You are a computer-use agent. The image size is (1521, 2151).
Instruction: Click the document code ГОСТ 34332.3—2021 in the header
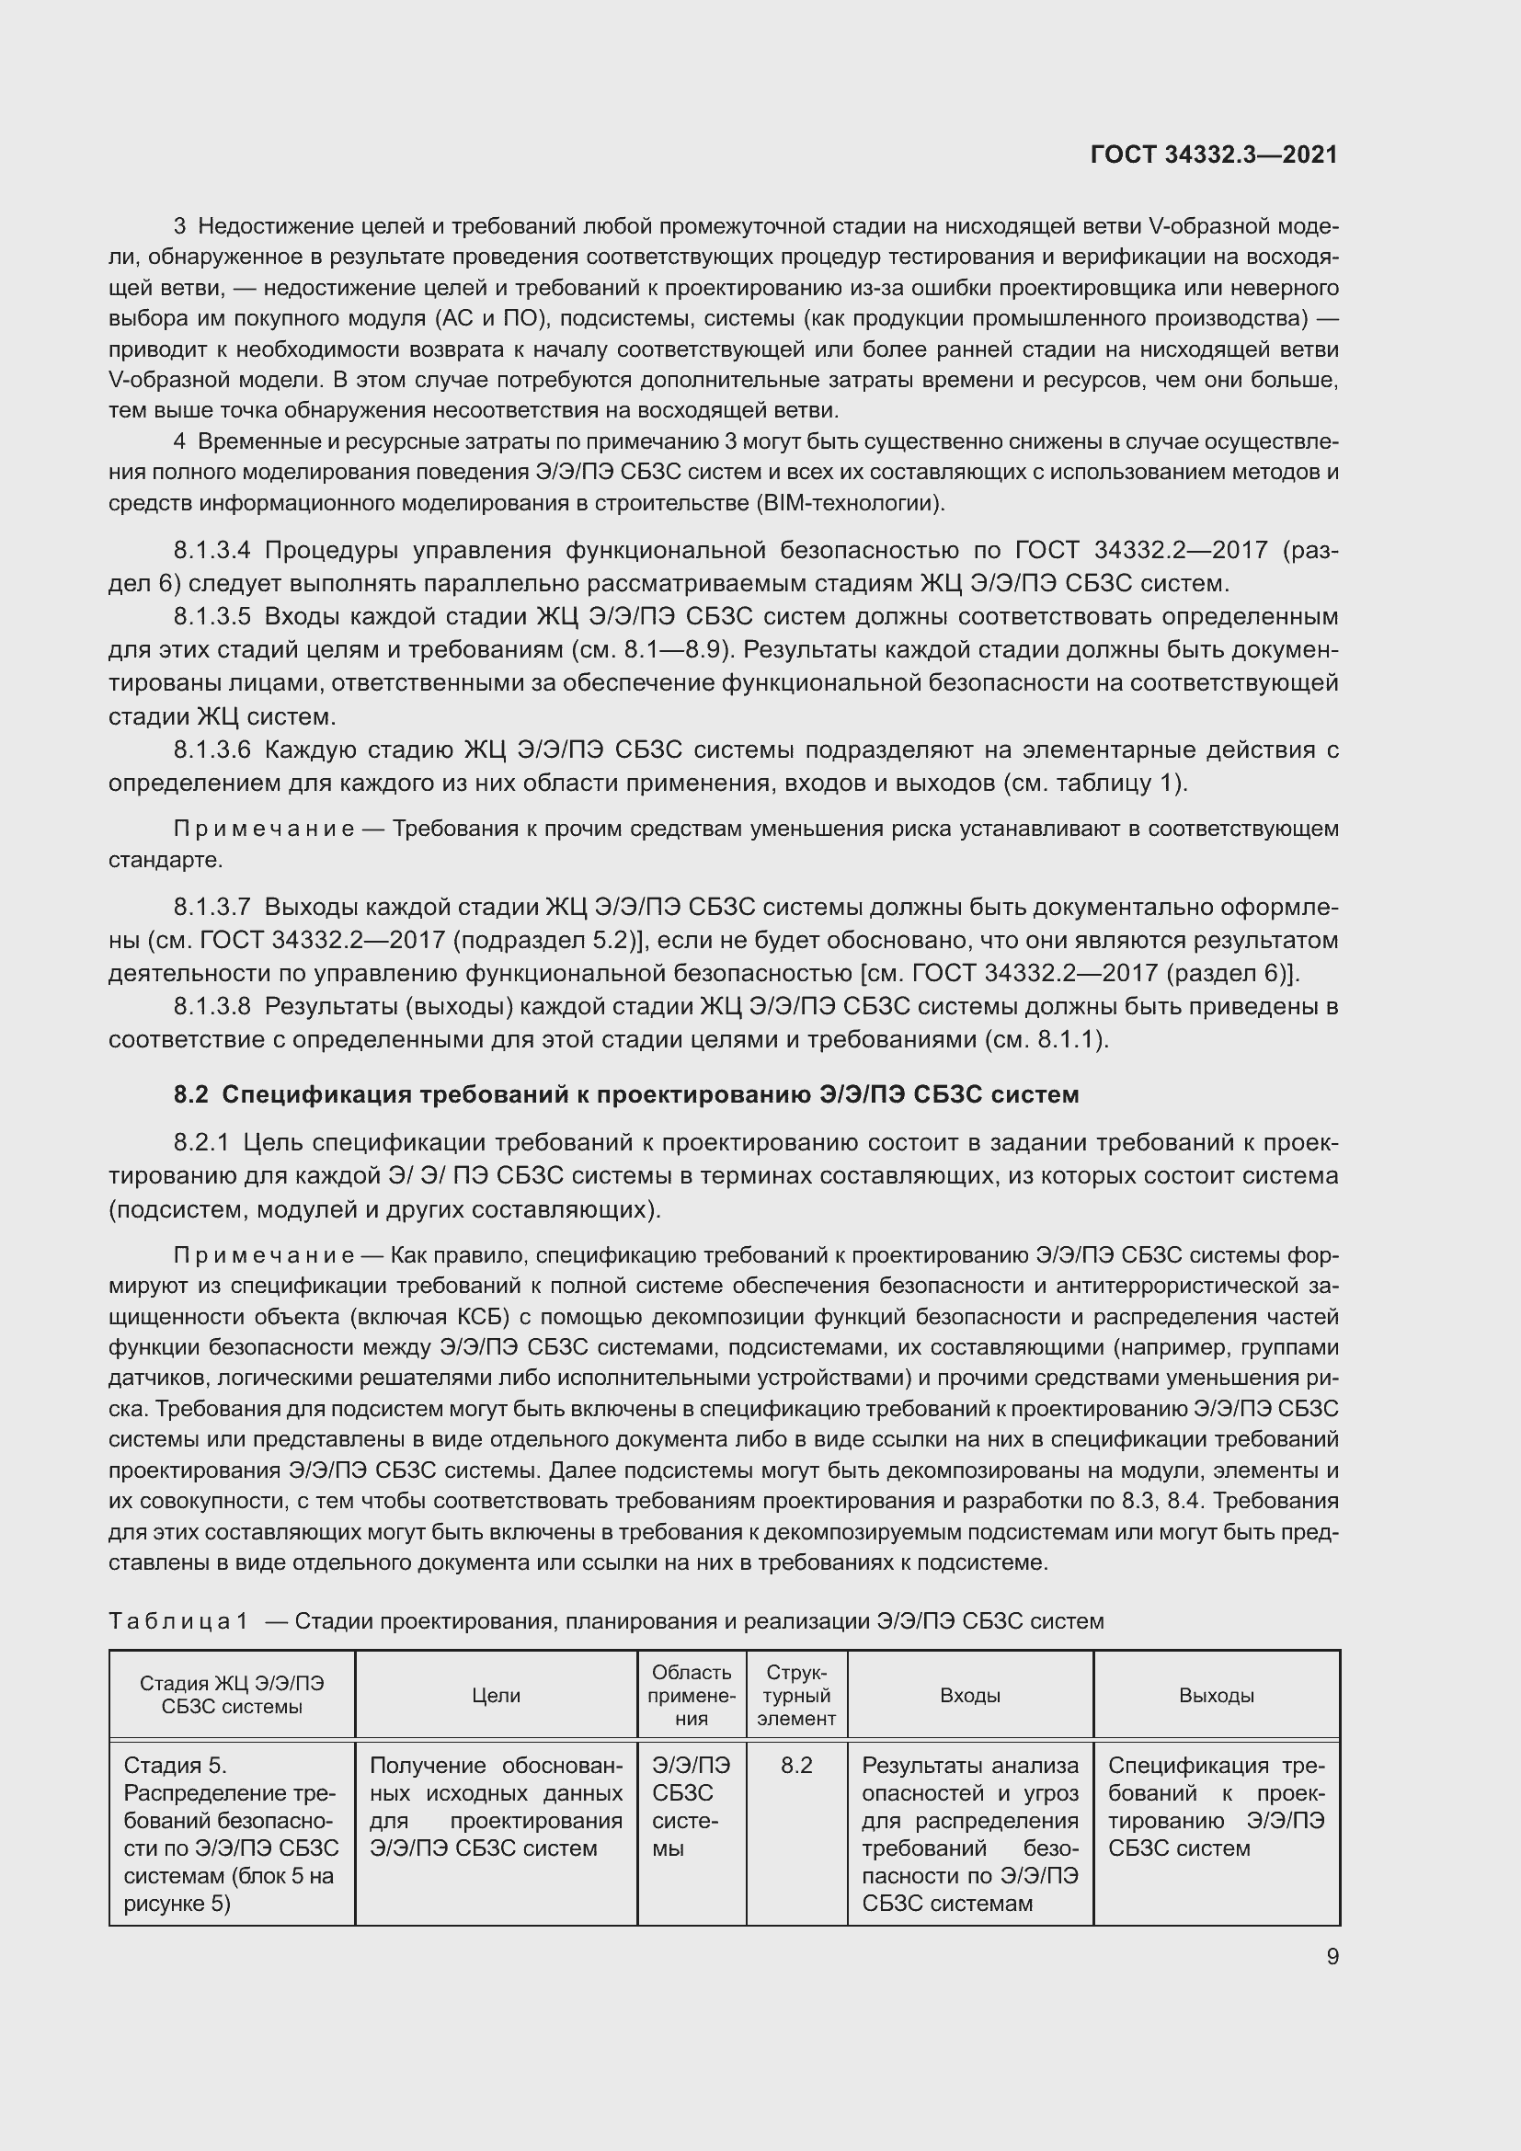point(1214,154)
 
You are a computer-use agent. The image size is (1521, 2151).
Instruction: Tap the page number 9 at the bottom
point(1332,1956)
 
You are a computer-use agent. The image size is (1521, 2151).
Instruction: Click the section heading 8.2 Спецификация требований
point(625,1094)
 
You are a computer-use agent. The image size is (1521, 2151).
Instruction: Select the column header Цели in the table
point(496,1695)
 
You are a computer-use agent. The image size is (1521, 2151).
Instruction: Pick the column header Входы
point(969,1695)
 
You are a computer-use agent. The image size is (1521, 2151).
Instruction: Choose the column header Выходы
point(1216,1695)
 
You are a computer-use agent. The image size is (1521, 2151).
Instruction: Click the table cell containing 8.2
point(796,1765)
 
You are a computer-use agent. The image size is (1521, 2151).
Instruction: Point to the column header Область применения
point(692,1695)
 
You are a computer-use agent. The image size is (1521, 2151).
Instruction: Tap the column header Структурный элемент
point(796,1695)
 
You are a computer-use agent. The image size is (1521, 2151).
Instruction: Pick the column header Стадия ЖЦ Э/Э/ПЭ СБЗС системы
point(232,1695)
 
